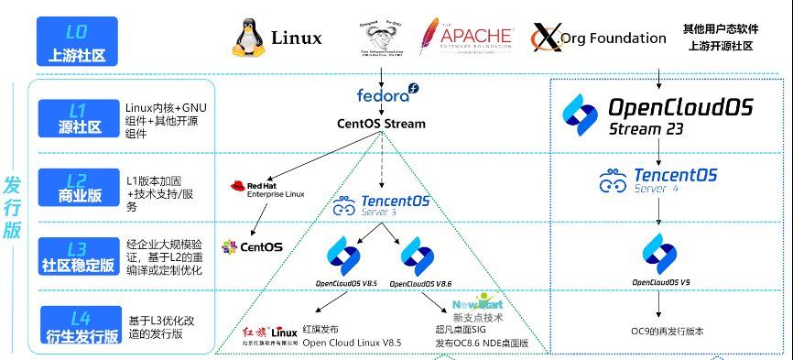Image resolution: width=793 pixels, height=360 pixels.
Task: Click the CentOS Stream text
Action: (381, 124)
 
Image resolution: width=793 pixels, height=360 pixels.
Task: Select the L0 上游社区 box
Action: (77, 43)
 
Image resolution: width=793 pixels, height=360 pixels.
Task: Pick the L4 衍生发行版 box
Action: (77, 323)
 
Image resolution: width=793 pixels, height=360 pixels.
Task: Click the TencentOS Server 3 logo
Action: (380, 204)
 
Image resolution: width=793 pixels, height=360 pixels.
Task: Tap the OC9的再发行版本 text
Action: (668, 331)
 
